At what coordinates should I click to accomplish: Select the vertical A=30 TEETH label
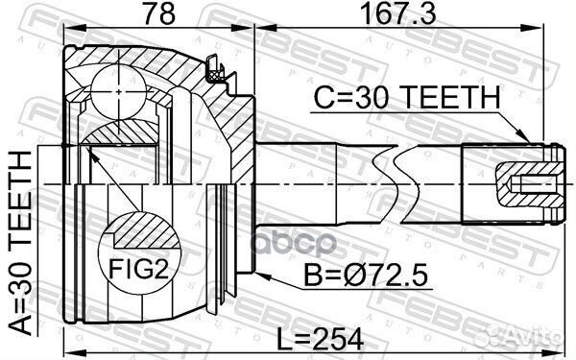(x=21, y=240)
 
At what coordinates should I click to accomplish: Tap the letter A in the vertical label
(x=21, y=324)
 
